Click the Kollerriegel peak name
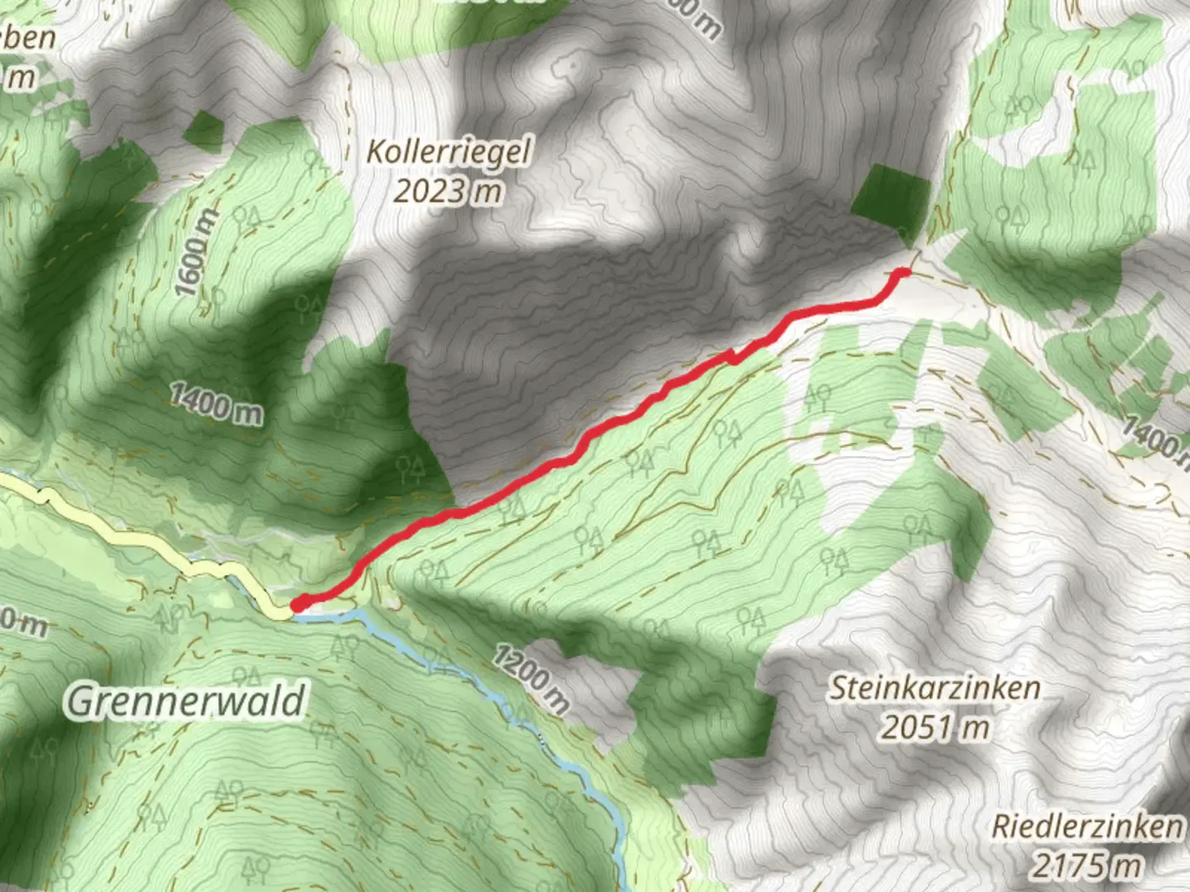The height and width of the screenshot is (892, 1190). (x=449, y=153)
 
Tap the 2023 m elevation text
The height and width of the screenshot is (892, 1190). (x=447, y=192)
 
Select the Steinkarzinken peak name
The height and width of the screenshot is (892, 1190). (x=935, y=688)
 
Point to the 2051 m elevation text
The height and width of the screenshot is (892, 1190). (x=935, y=728)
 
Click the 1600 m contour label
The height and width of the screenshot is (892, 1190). (x=198, y=253)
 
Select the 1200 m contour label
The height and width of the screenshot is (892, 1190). (x=532, y=679)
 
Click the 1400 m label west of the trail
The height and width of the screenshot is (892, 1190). (x=217, y=404)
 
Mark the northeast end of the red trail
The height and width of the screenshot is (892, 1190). (x=904, y=272)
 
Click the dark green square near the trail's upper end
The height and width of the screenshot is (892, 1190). (x=891, y=198)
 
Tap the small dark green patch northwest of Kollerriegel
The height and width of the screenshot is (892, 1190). (x=203, y=130)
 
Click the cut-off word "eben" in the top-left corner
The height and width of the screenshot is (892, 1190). (x=31, y=37)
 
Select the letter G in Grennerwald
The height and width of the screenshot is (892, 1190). (x=79, y=702)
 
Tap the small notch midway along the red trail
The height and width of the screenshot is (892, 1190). (x=731, y=358)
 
